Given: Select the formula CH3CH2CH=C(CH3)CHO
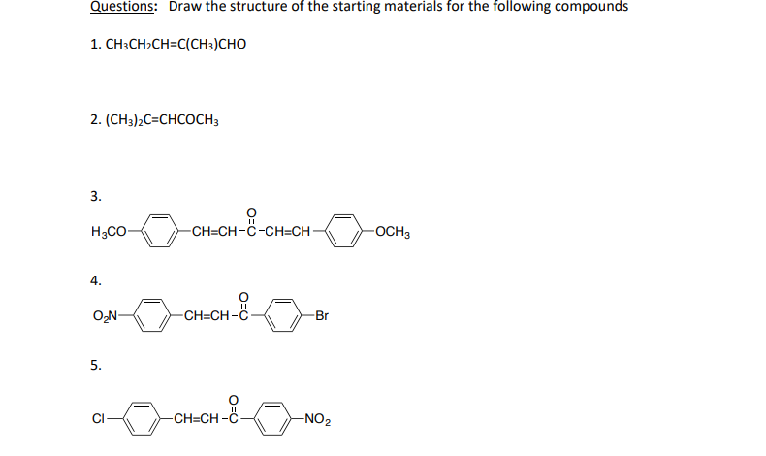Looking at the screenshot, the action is (167, 45).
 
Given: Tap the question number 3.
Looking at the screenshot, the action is (95, 196).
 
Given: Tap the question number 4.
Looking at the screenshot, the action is (95, 280).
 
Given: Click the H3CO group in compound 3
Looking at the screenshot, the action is (108, 233).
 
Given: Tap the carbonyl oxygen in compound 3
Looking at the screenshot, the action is (252, 212).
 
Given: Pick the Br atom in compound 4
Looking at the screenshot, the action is (322, 314).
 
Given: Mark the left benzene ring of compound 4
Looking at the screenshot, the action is (153, 314).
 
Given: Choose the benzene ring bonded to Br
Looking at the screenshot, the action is (281, 314).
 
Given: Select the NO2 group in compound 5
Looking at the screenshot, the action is (317, 419).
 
